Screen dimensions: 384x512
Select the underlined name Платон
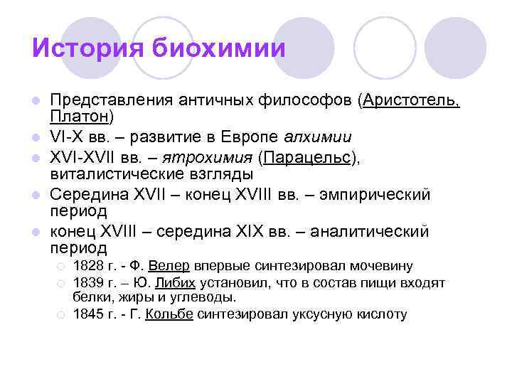(79, 114)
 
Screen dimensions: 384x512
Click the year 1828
(88, 267)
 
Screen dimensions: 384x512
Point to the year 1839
(88, 283)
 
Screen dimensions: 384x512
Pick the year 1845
(88, 314)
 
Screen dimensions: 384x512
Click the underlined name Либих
(174, 283)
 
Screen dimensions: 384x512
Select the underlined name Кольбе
(169, 314)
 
